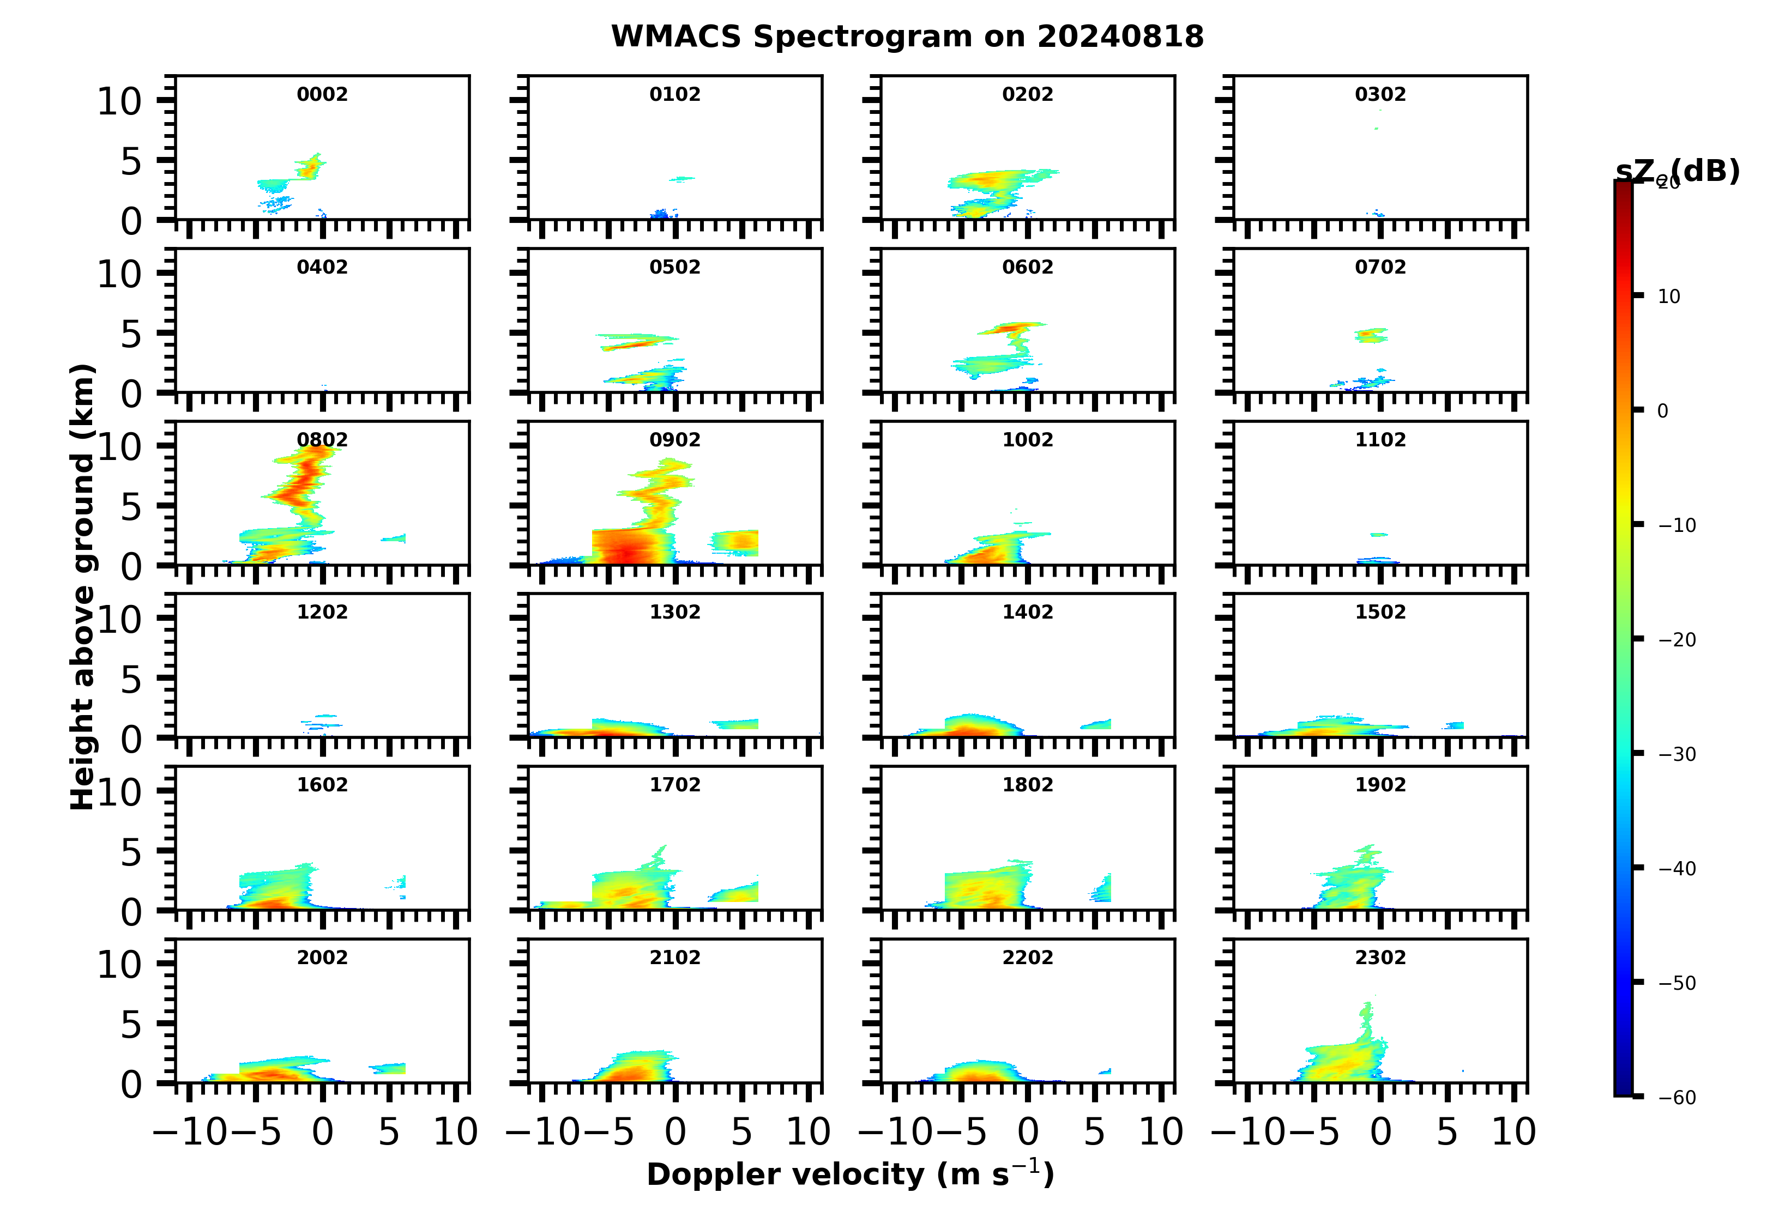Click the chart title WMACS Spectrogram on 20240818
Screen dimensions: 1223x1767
907,36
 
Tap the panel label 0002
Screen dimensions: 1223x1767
322,94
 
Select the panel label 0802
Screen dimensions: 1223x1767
322,440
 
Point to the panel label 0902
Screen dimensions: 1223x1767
674,440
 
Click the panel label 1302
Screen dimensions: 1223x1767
674,612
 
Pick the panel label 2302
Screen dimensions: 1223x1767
1380,958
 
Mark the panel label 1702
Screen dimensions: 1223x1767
674,785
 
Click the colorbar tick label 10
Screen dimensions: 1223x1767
1669,296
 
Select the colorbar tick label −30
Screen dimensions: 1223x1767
1676,755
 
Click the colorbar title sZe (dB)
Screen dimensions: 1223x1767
1677,172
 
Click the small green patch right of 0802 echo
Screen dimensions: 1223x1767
393,538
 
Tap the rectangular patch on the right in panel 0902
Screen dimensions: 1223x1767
734,542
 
